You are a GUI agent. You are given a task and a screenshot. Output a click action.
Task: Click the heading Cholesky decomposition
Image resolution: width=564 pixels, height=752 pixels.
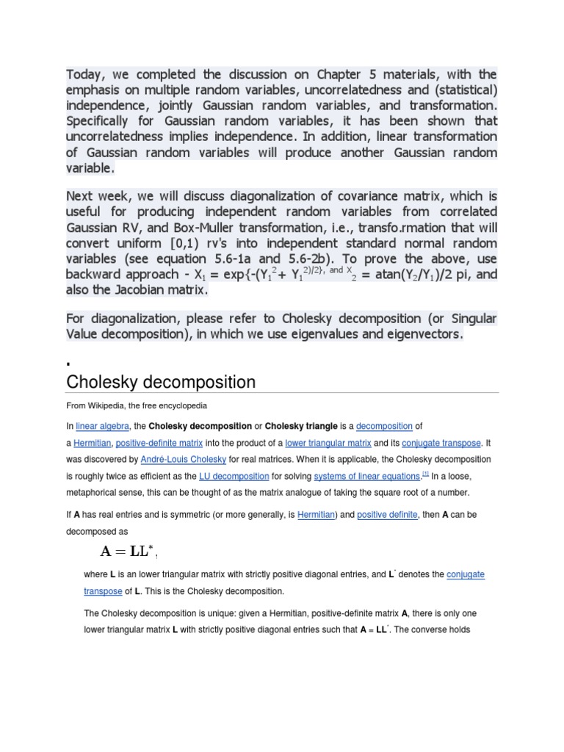click(x=161, y=382)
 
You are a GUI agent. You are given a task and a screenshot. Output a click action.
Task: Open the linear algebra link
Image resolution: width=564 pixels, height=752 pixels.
click(x=103, y=426)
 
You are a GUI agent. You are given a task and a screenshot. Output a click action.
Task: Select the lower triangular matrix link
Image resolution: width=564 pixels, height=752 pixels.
click(x=328, y=443)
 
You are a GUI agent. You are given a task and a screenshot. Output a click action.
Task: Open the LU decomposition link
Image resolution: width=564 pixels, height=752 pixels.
click(x=234, y=476)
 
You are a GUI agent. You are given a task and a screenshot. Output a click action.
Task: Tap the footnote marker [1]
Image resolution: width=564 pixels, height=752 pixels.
click(x=425, y=474)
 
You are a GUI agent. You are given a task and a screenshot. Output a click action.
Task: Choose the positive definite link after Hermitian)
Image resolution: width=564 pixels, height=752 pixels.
click(x=388, y=515)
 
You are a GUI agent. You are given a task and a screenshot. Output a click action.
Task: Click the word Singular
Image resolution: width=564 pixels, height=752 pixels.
click(x=471, y=318)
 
